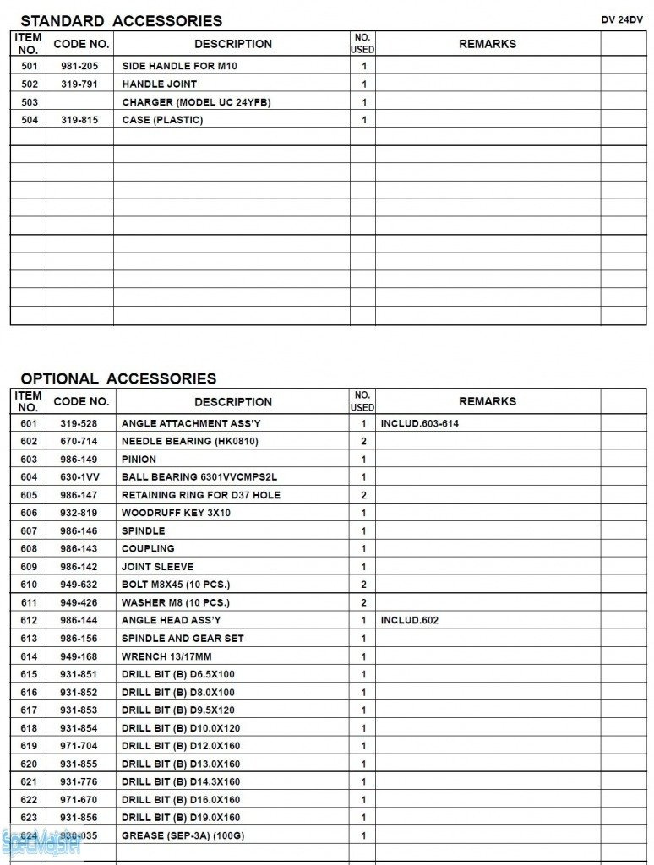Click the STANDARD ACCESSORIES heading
(x=121, y=21)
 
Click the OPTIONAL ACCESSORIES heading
(x=118, y=378)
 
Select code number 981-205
(x=79, y=66)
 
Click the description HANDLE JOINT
(x=160, y=84)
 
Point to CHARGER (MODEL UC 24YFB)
(x=196, y=102)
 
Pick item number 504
(x=30, y=120)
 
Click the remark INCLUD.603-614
(x=420, y=423)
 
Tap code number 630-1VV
(x=79, y=477)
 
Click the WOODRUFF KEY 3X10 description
(x=176, y=513)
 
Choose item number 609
(x=30, y=567)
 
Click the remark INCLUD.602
(x=410, y=620)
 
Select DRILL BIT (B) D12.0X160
(x=181, y=746)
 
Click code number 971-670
(x=79, y=800)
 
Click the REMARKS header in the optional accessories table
(x=488, y=401)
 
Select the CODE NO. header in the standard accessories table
(x=81, y=44)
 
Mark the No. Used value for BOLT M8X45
(x=363, y=585)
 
